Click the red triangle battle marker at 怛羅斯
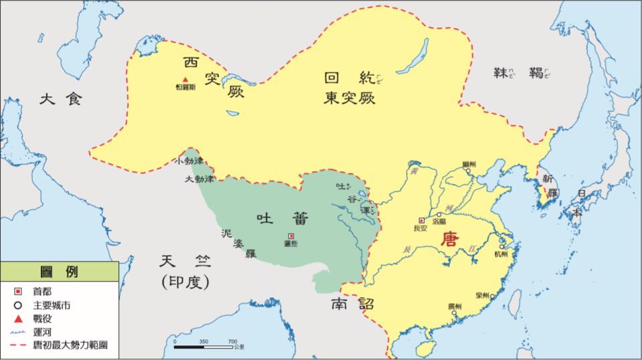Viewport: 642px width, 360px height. [x=185, y=80]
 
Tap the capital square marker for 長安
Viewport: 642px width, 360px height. [x=421, y=220]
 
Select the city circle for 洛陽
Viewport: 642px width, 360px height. [x=439, y=215]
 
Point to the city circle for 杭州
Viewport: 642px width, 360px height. [x=501, y=247]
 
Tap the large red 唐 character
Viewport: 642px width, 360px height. [x=448, y=240]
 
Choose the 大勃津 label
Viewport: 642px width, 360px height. [x=199, y=179]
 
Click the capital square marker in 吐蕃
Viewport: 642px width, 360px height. [x=291, y=236]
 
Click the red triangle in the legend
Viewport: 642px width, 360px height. [x=19, y=318]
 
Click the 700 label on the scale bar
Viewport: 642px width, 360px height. [x=232, y=341]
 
